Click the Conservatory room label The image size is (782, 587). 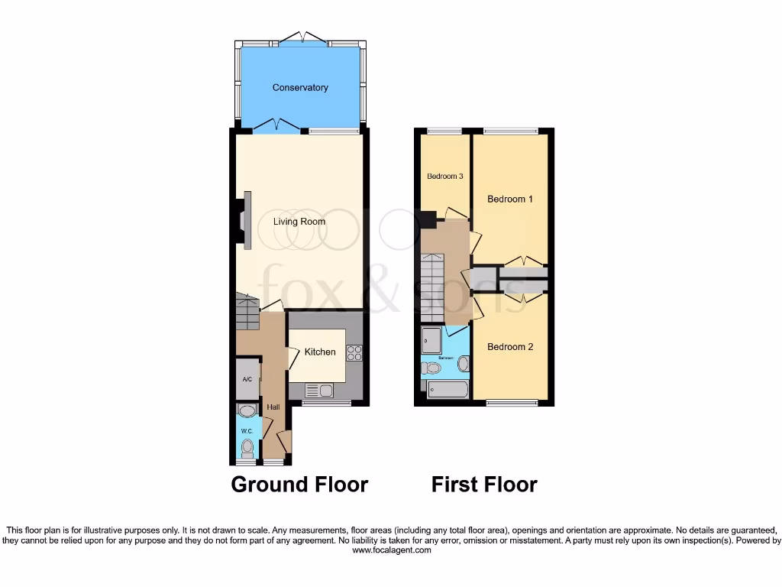coord(300,88)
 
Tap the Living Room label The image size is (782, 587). coord(299,222)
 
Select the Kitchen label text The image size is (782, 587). coord(320,352)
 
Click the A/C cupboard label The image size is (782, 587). coord(247,380)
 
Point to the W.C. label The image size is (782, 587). coord(247,431)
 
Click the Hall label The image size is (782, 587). coord(273,407)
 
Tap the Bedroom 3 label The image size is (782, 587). coord(444,177)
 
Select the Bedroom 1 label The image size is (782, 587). coord(510,199)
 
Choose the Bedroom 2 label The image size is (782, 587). coord(510,347)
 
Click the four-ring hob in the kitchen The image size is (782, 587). coord(354,353)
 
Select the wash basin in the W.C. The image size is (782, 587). coord(247,411)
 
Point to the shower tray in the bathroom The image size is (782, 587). coord(431,340)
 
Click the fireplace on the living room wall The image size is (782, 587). coord(244,220)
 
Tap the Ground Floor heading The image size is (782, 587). coord(299,485)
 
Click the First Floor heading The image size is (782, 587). coord(484,485)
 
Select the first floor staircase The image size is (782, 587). coord(432,288)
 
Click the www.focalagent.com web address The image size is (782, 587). coord(390,550)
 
